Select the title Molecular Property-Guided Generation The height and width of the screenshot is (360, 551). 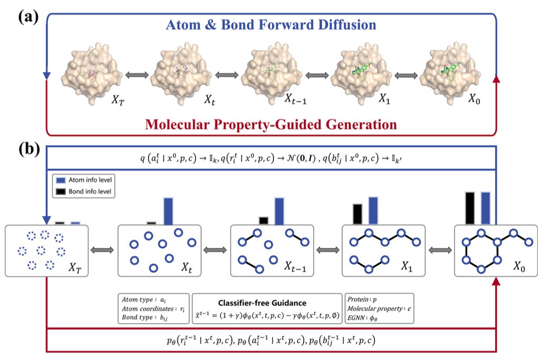(271, 125)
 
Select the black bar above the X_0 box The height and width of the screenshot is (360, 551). (470, 208)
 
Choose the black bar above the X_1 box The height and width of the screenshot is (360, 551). (358, 214)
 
